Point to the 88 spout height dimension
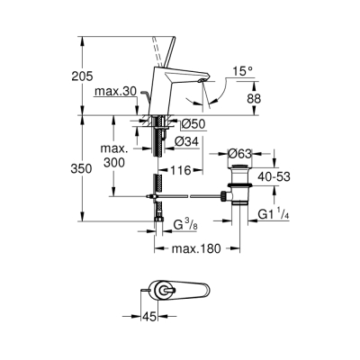[x=255, y=98]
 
